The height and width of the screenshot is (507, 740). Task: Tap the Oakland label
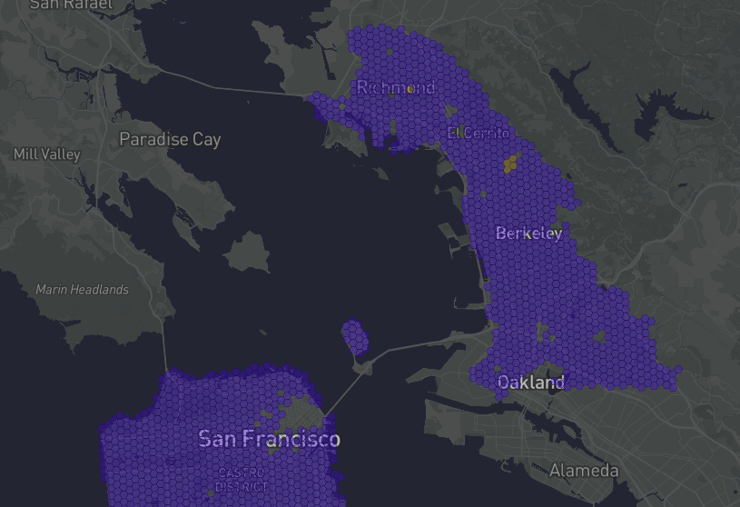[x=531, y=383]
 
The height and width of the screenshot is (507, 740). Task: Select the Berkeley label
[x=528, y=234]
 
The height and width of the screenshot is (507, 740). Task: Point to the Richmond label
[x=396, y=88]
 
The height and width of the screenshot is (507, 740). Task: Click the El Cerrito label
[x=475, y=133]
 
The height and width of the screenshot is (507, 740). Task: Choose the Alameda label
[x=584, y=471]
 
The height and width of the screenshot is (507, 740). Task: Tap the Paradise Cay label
[x=170, y=140]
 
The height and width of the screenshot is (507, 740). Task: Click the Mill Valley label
[x=47, y=154]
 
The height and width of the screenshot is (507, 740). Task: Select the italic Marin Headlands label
[x=83, y=290]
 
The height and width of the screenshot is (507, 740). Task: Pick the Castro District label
[x=242, y=479]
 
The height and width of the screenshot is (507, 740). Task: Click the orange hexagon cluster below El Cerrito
[x=510, y=164]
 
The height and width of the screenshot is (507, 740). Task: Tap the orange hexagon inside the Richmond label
[x=410, y=89]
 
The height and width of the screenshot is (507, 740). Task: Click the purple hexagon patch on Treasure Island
[x=355, y=337]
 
